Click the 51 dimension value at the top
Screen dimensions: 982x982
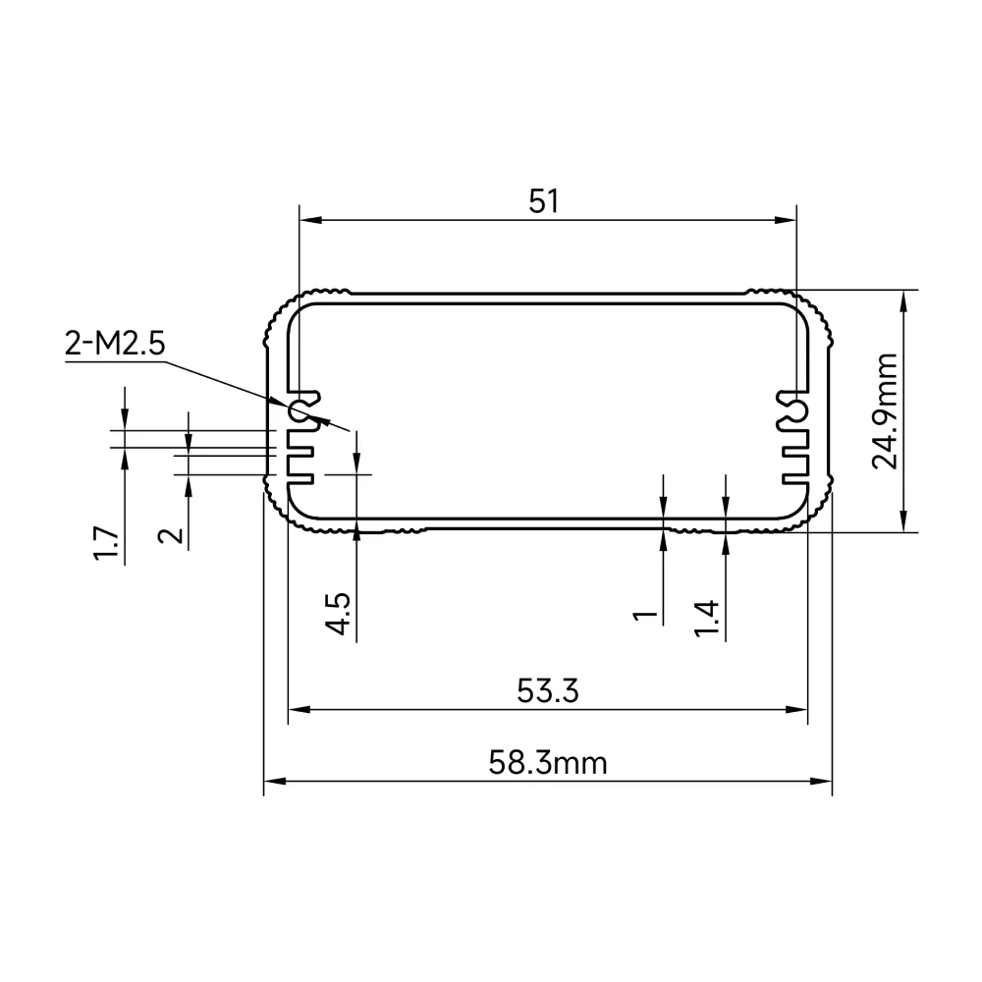point(543,201)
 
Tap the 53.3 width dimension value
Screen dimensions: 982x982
point(548,691)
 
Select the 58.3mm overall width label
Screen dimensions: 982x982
point(548,763)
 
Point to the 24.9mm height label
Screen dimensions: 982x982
point(885,411)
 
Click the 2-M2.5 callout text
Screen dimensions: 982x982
point(115,344)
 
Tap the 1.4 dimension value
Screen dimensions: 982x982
point(706,618)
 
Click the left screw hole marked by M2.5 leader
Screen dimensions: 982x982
point(298,411)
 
